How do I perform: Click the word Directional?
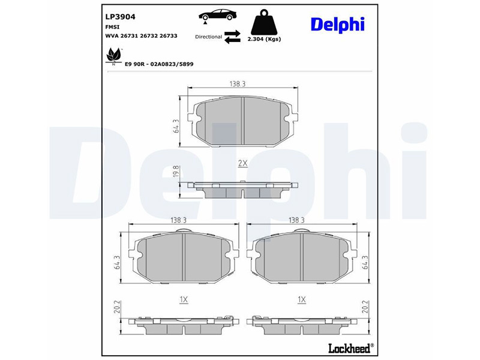208,37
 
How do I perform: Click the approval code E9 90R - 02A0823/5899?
159,64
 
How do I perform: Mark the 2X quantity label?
242,163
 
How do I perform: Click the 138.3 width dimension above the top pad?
238,85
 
